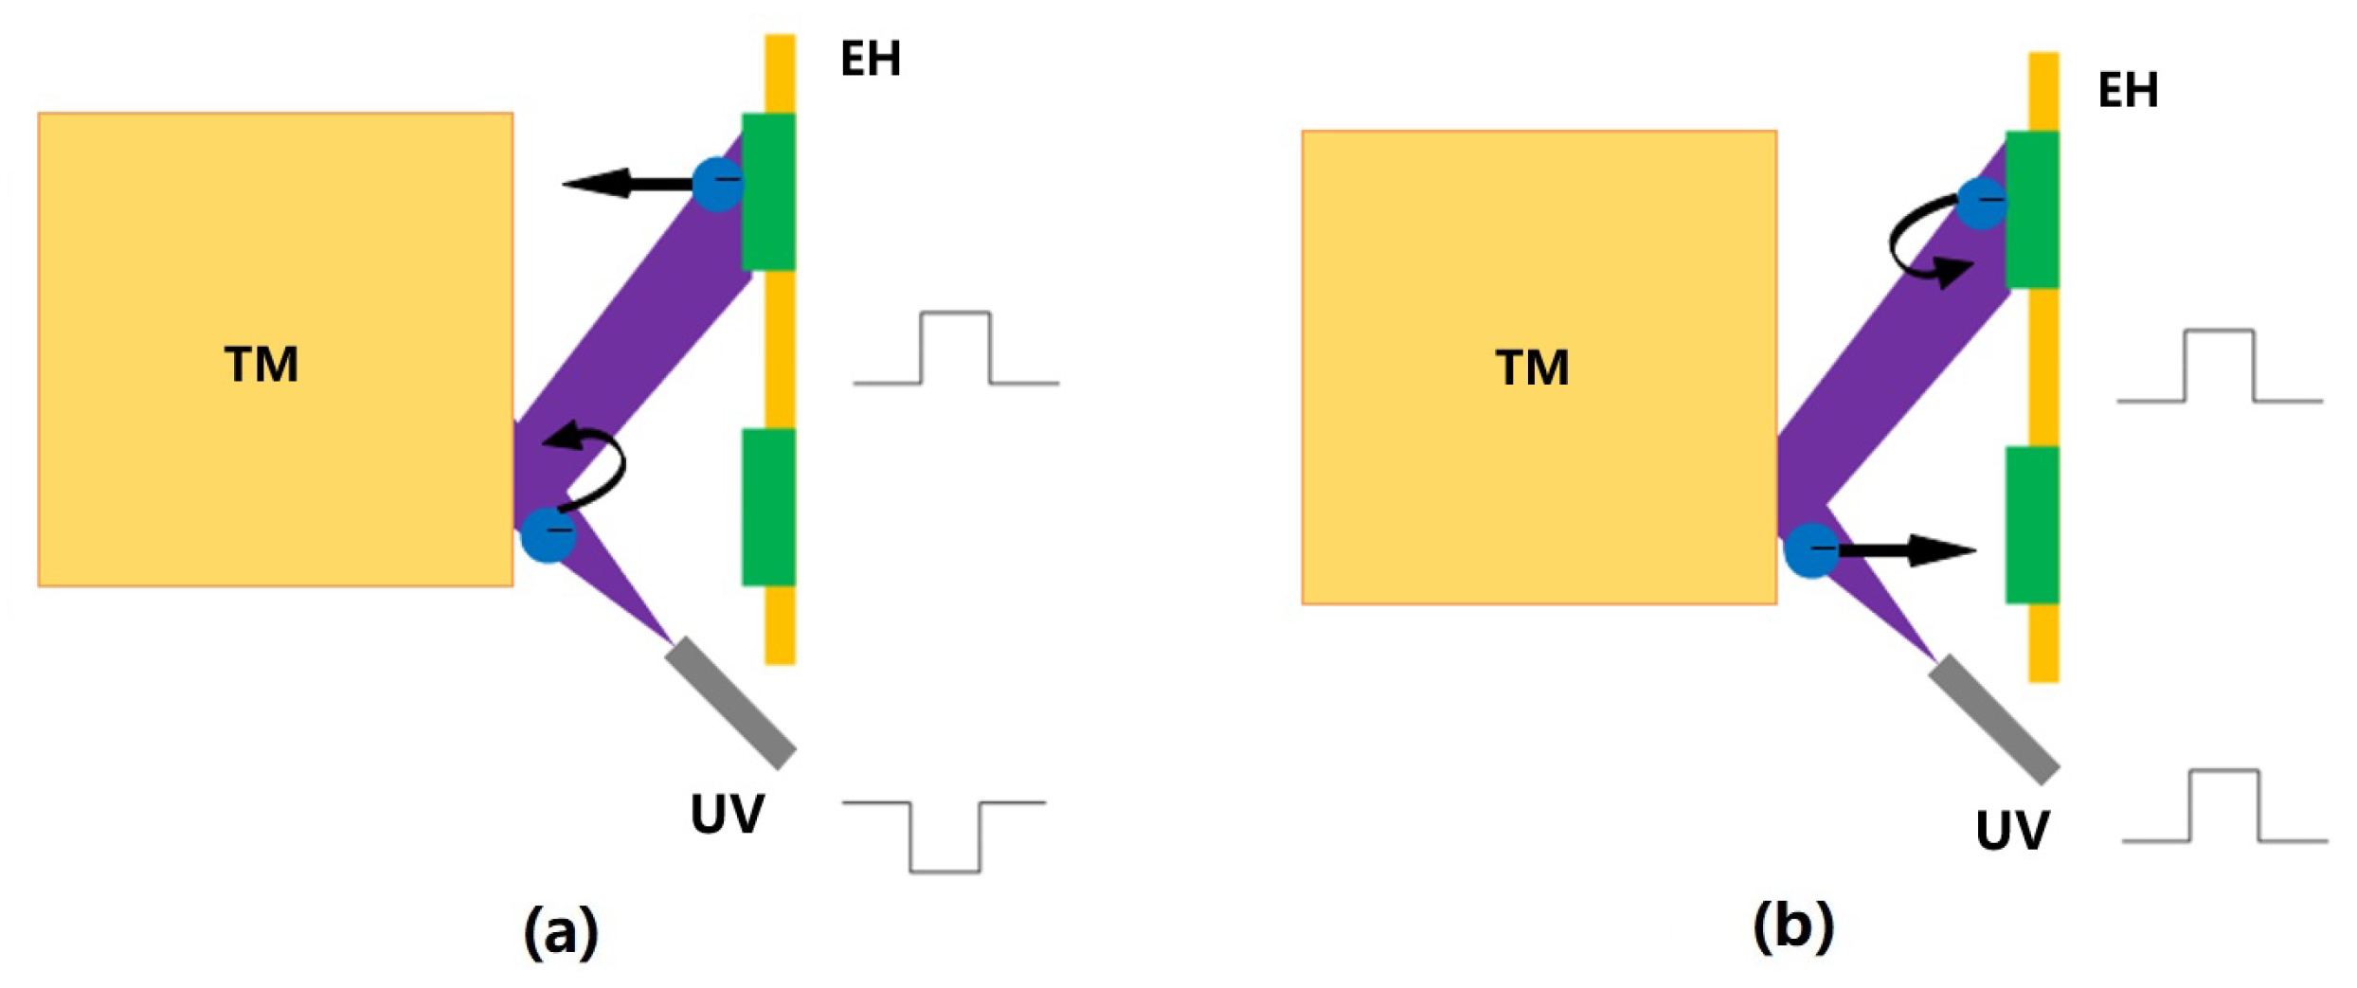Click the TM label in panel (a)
pos(261,365)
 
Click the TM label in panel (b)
pos(1532,368)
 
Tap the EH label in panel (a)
pos(871,59)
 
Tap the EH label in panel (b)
pos(2128,90)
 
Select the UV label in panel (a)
pos(727,814)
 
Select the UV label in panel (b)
pos(2012,831)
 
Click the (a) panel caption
pos(561,931)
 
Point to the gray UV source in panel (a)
pos(730,702)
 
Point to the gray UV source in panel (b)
pos(1994,719)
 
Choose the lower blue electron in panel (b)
pos(1810,550)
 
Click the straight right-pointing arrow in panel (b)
pos(1906,550)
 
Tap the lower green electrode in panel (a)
pos(768,507)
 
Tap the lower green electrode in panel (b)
pos(2032,525)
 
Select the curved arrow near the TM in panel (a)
pos(592,464)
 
